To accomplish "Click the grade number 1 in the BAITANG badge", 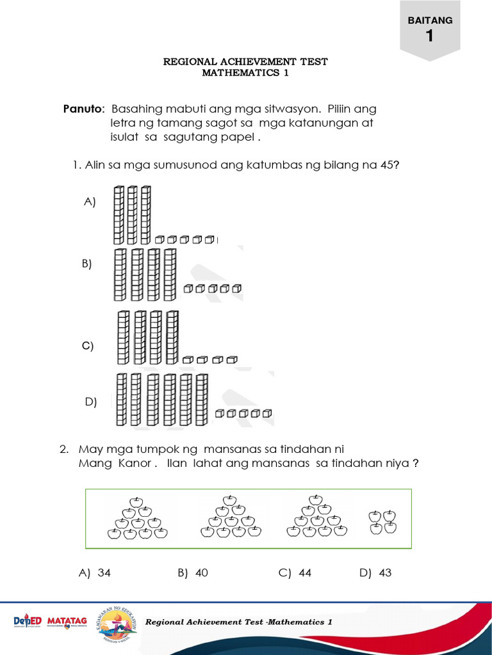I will point(429,36).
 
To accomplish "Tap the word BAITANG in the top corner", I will point(430,20).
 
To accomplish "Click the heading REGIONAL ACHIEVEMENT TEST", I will point(245,61).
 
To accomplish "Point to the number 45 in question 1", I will point(387,165).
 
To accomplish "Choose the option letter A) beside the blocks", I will point(90,201).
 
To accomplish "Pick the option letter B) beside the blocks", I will point(87,264).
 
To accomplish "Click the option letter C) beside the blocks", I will point(88,346).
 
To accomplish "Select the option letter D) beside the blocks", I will point(91,402).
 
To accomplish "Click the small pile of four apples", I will point(382,521).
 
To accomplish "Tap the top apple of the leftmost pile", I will point(135,500).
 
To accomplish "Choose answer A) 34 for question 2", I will point(95,573).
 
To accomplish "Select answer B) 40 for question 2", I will point(193,573).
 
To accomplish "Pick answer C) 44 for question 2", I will point(295,573).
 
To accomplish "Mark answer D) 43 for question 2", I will point(375,573).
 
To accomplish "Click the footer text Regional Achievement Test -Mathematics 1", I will point(239,622).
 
